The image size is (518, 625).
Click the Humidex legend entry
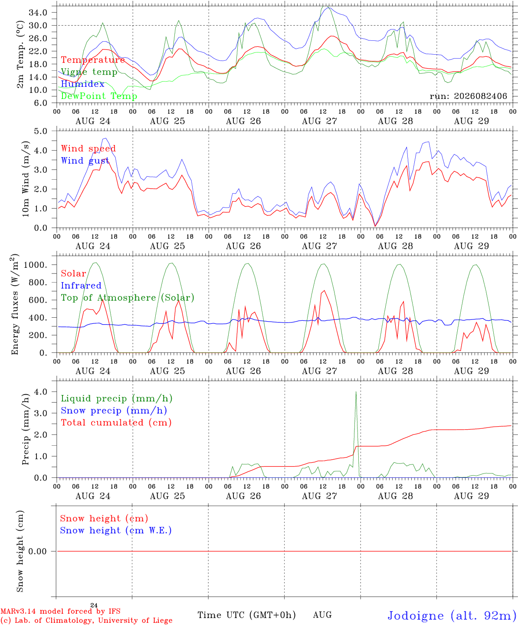coord(82,84)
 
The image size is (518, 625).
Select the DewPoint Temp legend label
coord(99,96)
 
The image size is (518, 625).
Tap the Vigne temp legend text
coord(89,72)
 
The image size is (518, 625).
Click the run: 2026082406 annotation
coord(468,96)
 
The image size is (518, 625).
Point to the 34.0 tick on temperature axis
coord(38,13)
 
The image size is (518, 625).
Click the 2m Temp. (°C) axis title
coord(20,55)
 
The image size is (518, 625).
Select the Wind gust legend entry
coord(85,161)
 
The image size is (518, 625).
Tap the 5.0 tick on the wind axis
coord(40,131)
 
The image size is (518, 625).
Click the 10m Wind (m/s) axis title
coord(26,179)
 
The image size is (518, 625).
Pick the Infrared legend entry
coord(81,286)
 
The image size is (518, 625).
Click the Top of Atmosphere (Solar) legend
coord(128,298)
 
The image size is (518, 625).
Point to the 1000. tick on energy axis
coord(36,265)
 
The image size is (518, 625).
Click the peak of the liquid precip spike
coord(356,392)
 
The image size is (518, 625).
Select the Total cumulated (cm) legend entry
coord(116,423)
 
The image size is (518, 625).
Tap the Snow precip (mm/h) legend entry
coord(114,411)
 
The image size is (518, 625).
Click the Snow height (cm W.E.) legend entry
coord(116,530)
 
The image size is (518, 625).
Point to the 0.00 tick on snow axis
coord(38,551)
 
